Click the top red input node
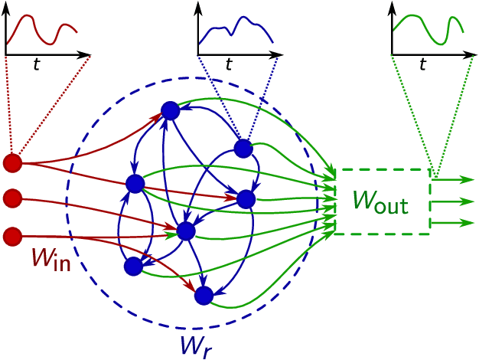click(x=12, y=163)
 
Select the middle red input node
click(x=12, y=199)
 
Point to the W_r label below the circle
click(x=196, y=345)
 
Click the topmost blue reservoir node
click(x=170, y=111)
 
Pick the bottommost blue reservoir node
click(x=204, y=295)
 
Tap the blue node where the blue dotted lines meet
click(x=243, y=149)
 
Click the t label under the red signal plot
click(x=36, y=65)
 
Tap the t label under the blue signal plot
click(x=229, y=65)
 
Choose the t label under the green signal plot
click(x=422, y=65)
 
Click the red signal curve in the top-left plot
click(x=35, y=19)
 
